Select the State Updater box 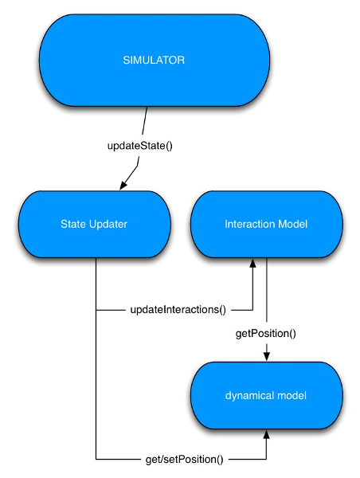[94, 225]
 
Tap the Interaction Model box [266, 225]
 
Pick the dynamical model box [266, 394]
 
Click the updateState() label [139, 147]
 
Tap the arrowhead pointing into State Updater [123, 186]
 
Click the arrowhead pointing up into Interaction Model [253, 264]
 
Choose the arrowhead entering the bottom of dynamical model [266, 433]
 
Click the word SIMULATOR [154, 61]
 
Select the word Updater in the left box [109, 225]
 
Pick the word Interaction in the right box [248, 225]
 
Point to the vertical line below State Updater [96, 358]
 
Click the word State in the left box [73, 225]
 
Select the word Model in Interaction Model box [292, 225]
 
